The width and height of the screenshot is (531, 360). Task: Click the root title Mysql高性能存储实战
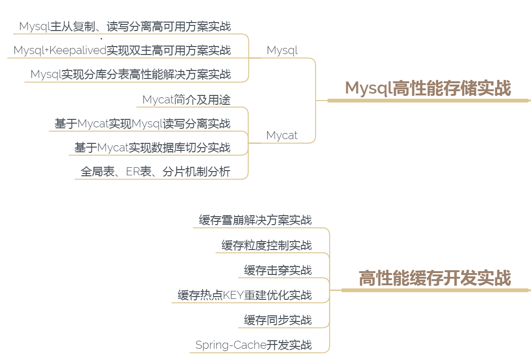click(x=428, y=88)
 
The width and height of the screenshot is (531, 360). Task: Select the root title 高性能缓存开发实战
click(x=435, y=278)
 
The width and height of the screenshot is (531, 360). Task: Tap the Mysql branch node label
click(x=282, y=50)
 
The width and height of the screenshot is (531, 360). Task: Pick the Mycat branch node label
click(x=282, y=135)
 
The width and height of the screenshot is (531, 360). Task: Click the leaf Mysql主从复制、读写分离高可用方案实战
click(x=125, y=26)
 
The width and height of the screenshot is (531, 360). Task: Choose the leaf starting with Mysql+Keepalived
click(x=122, y=50)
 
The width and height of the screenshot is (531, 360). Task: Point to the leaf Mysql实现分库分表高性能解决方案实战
click(x=130, y=74)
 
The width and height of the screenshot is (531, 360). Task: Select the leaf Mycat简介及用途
click(x=186, y=100)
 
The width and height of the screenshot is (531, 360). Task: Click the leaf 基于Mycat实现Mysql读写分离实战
click(x=143, y=124)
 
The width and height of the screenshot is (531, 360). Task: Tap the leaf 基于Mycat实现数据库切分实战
click(x=152, y=148)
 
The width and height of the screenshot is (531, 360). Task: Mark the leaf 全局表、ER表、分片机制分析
click(x=155, y=172)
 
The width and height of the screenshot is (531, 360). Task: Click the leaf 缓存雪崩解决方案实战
click(x=255, y=220)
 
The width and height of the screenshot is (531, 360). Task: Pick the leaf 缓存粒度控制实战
click(x=266, y=245)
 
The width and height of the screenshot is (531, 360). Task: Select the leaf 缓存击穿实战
click(x=277, y=270)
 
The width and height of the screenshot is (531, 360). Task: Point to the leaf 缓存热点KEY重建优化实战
click(x=245, y=295)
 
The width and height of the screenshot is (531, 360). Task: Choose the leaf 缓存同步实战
click(x=277, y=320)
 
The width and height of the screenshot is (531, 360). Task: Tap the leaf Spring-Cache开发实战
click(x=254, y=345)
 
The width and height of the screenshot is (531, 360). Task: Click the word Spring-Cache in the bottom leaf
click(x=231, y=345)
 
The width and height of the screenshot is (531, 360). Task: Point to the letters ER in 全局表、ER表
click(x=133, y=172)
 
